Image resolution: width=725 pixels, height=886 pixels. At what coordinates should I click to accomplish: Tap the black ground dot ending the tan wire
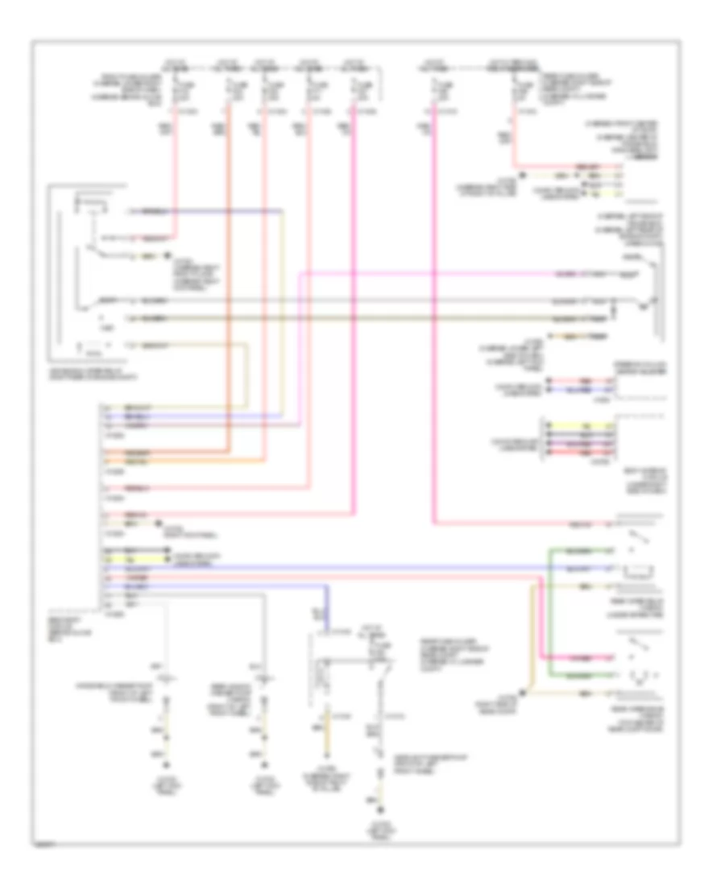tap(524, 692)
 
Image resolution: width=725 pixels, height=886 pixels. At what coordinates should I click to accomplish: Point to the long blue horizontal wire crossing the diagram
tap(322, 569)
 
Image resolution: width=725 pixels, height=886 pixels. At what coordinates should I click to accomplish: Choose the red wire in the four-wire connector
tap(581, 453)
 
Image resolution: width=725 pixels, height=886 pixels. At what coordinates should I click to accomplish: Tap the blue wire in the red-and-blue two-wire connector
tap(581, 389)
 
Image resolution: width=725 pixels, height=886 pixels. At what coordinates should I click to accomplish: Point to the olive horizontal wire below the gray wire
tap(362, 317)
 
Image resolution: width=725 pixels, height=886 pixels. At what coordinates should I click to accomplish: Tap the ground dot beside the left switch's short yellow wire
tap(168, 258)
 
